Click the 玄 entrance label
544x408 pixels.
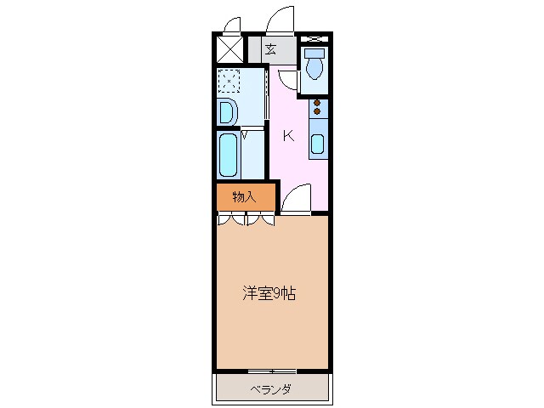270,49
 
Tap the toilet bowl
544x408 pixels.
314,68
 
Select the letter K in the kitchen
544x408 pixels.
288,135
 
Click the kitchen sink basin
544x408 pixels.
317,143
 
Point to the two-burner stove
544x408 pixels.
317,108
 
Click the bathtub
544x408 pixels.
228,153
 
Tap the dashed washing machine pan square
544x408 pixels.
229,81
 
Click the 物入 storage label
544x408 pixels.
244,196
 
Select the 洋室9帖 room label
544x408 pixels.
270,294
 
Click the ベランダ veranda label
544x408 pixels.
271,390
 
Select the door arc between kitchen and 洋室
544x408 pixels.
296,201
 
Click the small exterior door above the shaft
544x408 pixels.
232,23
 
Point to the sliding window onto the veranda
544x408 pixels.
272,371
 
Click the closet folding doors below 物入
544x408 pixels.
246,219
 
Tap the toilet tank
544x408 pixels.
314,53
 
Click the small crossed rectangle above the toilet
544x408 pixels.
314,39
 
